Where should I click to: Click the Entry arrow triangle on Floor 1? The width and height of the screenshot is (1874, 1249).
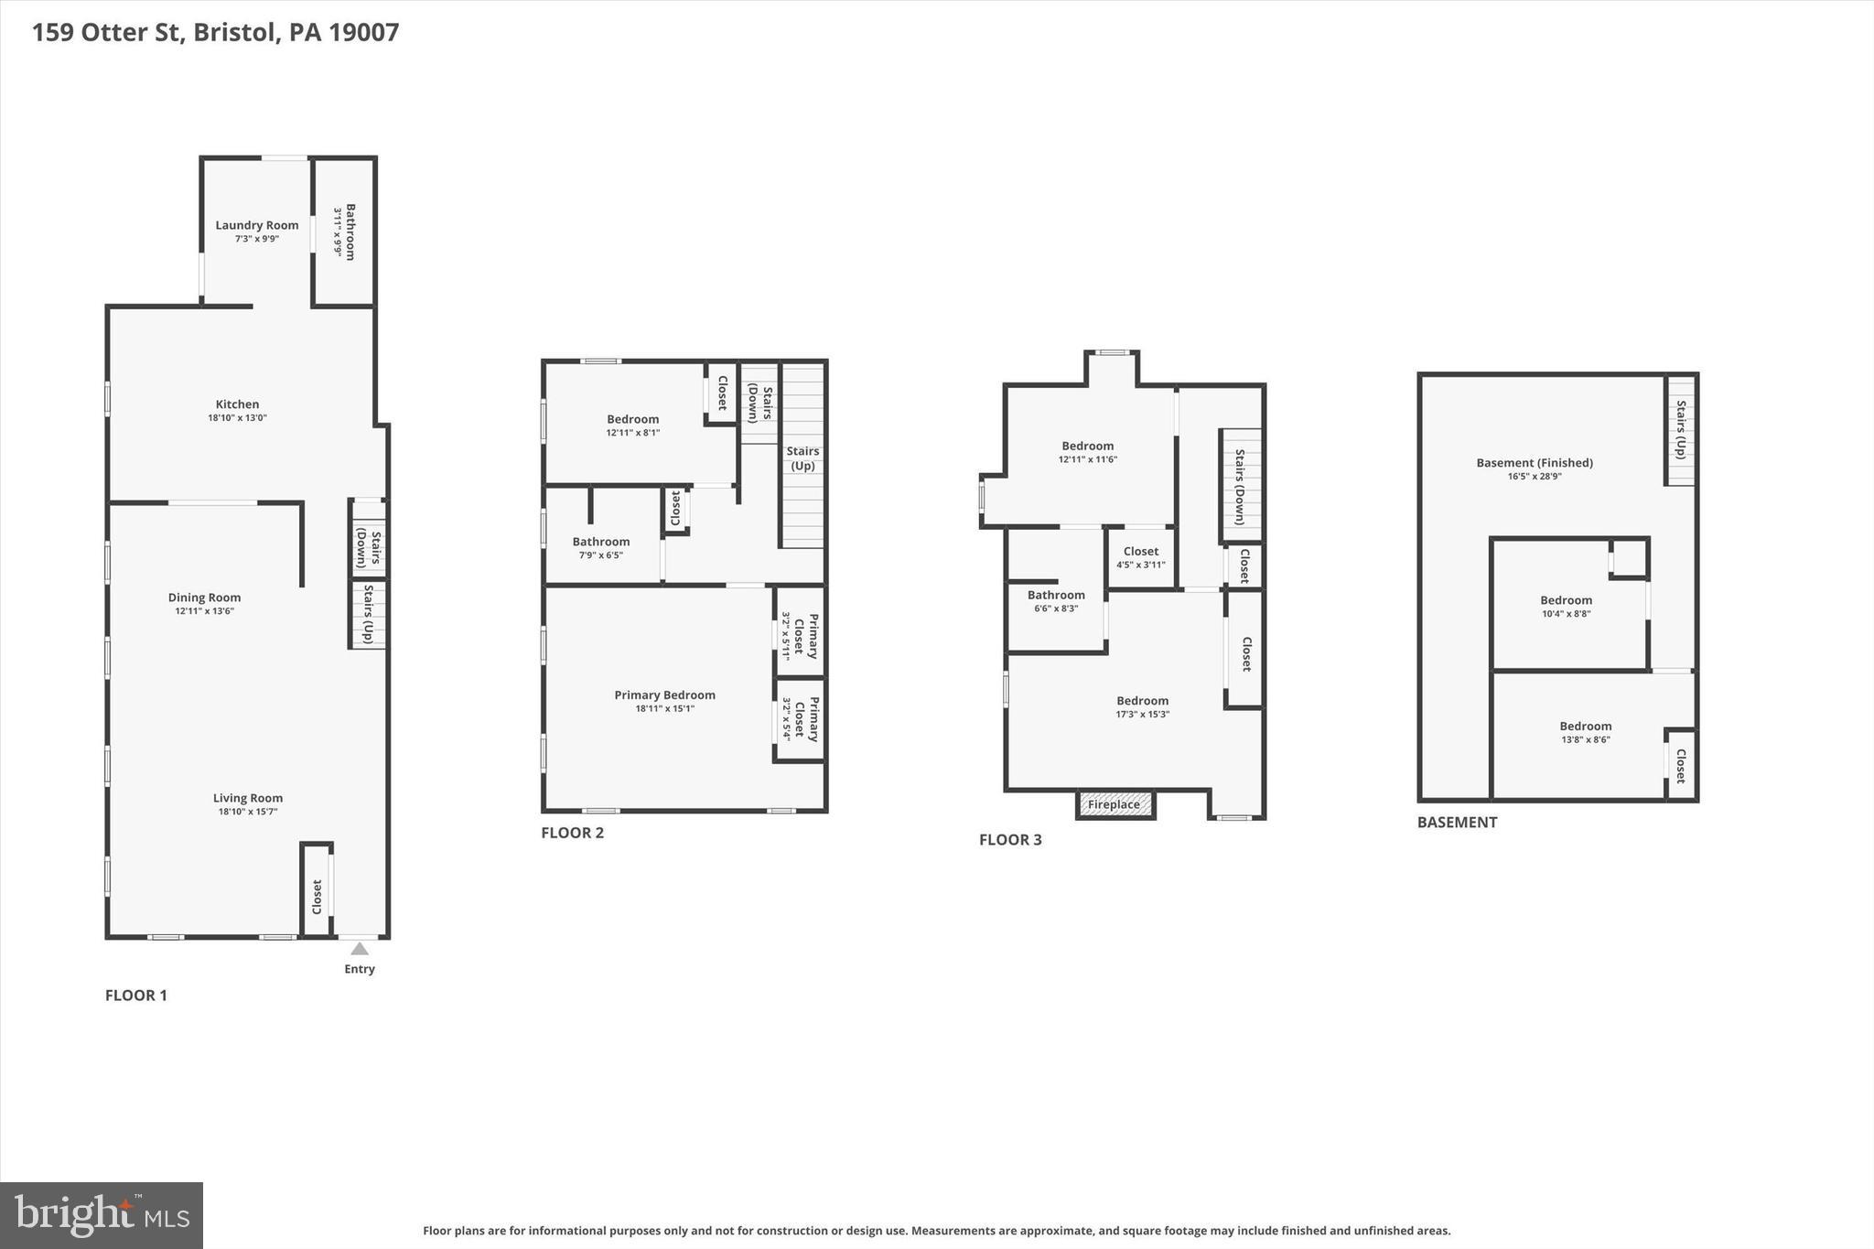tap(360, 949)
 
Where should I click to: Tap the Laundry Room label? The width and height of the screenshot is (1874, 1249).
tap(257, 225)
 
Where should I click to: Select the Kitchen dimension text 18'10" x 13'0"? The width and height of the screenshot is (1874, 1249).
tap(237, 418)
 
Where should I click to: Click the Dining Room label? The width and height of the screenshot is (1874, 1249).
tap(204, 598)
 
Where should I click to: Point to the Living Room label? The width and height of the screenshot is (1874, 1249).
tap(248, 798)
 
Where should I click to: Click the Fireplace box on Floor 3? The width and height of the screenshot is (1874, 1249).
tap(1115, 805)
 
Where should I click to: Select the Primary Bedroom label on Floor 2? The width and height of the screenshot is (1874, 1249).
tap(664, 695)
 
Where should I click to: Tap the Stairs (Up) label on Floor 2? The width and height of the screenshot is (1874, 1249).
tap(802, 458)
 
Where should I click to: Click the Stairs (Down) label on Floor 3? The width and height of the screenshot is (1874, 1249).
tap(1240, 486)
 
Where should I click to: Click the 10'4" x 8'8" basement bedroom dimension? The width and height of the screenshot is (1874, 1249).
tap(1566, 614)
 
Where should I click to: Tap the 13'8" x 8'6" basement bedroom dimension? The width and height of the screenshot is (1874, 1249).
tap(1585, 739)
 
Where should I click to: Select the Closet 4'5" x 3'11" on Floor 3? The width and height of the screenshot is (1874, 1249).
tap(1140, 558)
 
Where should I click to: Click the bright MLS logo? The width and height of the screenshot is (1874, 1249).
tap(102, 1215)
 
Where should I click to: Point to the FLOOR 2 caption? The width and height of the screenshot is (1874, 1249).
tap(572, 833)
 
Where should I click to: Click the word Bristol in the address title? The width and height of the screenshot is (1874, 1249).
tap(234, 33)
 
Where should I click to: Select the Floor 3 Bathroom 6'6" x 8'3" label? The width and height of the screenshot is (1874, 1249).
tap(1056, 601)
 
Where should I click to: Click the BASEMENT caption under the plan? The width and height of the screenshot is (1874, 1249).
tap(1457, 823)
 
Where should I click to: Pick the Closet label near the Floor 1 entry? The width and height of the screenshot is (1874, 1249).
tap(317, 897)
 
